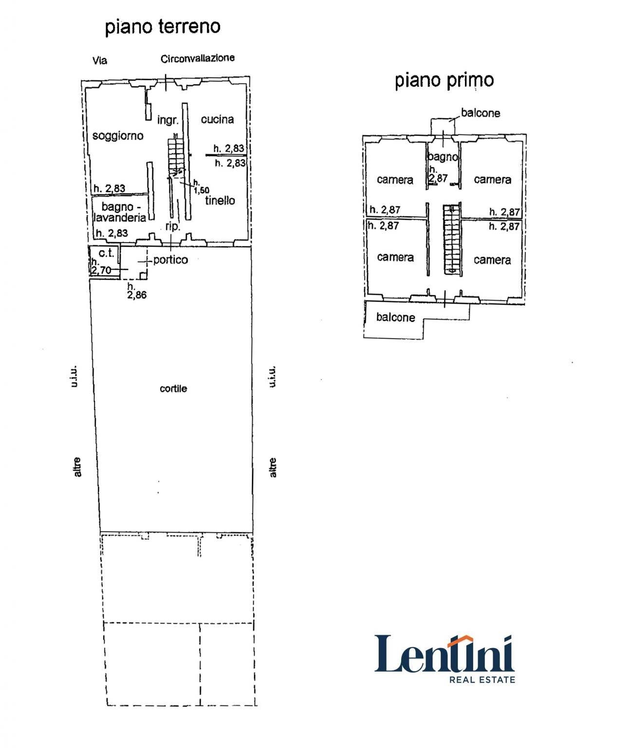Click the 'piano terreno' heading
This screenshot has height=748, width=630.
(x=163, y=27)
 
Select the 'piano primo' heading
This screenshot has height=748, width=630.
(x=444, y=80)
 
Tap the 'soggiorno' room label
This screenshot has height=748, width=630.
(x=118, y=136)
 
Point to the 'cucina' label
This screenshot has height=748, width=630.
(x=217, y=119)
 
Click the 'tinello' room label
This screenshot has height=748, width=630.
(x=220, y=200)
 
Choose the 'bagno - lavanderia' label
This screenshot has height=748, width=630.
(x=120, y=212)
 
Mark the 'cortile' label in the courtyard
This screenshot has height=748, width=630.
(x=173, y=389)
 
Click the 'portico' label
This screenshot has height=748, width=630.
(x=170, y=260)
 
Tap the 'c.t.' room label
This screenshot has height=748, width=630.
(x=106, y=253)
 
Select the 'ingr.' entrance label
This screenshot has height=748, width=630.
(x=167, y=120)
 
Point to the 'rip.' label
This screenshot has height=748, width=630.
(x=173, y=226)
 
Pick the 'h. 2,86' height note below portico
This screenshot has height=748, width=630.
(x=136, y=291)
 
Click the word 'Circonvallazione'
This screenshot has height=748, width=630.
(x=198, y=58)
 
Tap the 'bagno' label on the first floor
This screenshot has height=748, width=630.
(x=443, y=157)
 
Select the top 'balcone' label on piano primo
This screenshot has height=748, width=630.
(x=480, y=113)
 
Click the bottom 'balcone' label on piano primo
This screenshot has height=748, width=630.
(x=395, y=317)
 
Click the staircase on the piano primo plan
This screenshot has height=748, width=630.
(x=451, y=239)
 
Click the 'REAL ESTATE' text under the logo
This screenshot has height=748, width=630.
(x=482, y=679)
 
